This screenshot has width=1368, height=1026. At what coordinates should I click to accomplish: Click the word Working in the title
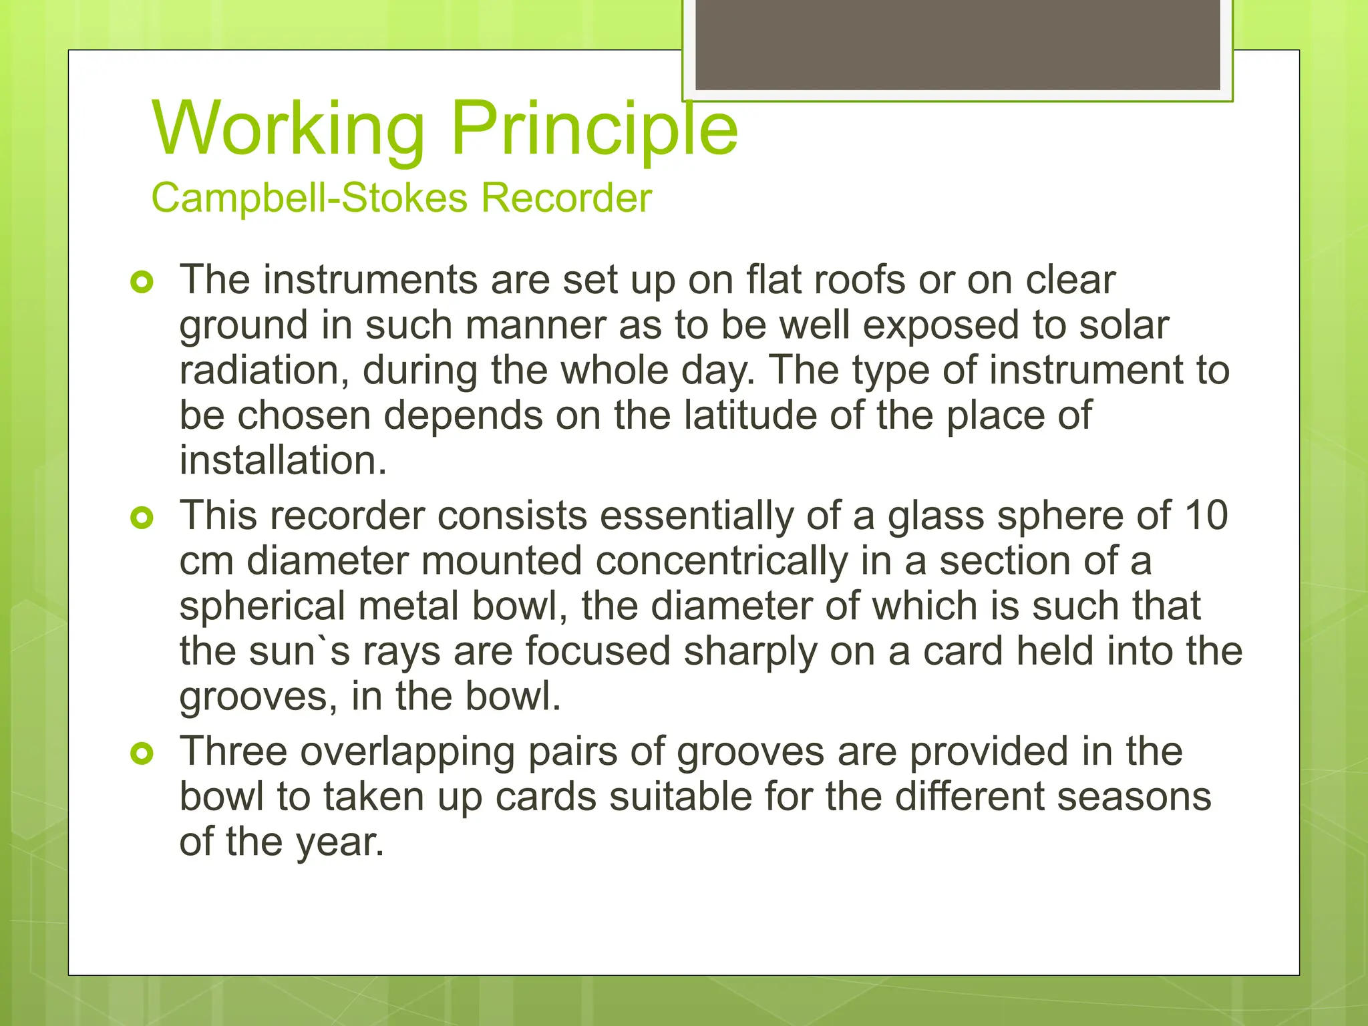coord(289,128)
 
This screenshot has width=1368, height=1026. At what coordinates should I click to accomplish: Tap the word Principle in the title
coord(594,128)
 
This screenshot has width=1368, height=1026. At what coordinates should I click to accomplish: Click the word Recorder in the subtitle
coord(566,198)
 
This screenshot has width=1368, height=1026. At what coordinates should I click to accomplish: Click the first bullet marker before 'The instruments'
coord(142,282)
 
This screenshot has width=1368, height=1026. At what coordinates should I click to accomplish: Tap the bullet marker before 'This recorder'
coord(142,518)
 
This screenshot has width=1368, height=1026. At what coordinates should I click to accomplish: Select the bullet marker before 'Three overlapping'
coord(142,754)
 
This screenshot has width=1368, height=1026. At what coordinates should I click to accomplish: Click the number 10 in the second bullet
coord(1206,516)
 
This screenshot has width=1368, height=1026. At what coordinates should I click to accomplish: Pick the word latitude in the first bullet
coord(750,415)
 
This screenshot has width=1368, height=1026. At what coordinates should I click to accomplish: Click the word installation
coord(283,461)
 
